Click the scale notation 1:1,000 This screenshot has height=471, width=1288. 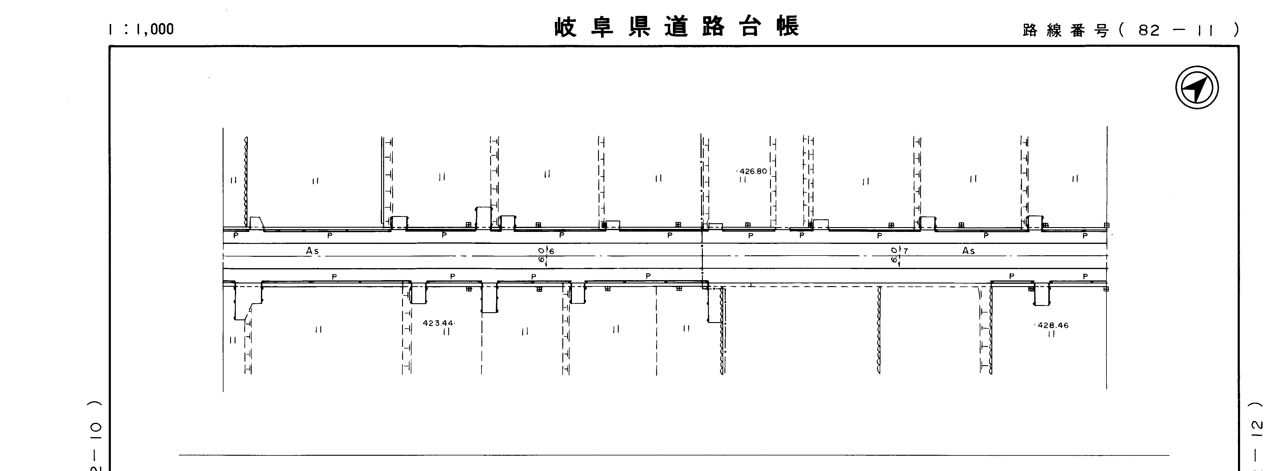[x=141, y=29]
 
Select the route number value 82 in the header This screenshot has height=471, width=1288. [x=1148, y=31]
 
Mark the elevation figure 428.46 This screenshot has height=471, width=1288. [x=1053, y=325]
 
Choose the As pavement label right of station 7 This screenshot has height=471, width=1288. [x=969, y=250]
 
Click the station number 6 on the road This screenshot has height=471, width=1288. [x=552, y=251]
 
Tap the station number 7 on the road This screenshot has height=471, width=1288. [x=905, y=251]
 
